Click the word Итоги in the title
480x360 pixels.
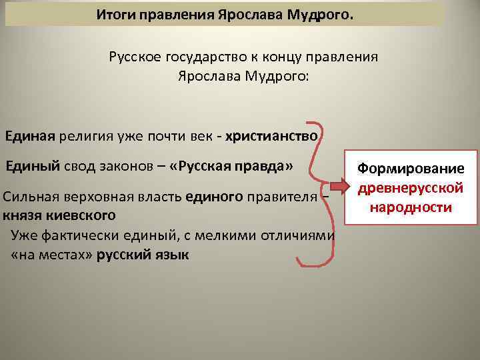point(111,13)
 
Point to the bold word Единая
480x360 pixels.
point(29,137)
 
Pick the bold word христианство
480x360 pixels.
point(272,137)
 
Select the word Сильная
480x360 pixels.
point(29,197)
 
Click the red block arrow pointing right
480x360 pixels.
point(345,189)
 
